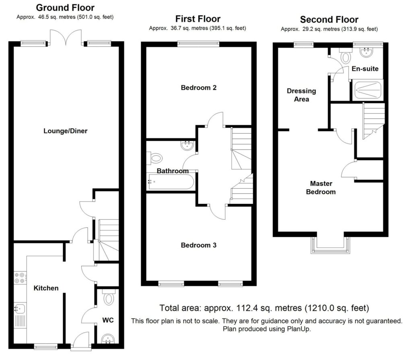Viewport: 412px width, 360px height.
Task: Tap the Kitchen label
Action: [x=46, y=288]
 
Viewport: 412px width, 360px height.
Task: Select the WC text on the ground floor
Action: [x=107, y=320]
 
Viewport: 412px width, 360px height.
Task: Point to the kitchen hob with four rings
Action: [x=20, y=278]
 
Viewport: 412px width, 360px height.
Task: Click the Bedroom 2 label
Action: [x=199, y=87]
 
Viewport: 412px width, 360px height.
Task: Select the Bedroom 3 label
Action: [x=199, y=245]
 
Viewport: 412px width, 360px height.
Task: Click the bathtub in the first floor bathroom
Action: [x=171, y=181]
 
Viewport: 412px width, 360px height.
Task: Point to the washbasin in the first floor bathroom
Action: [x=187, y=146]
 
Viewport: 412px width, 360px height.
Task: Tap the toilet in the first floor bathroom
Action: [x=155, y=158]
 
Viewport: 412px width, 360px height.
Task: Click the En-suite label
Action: [x=365, y=69]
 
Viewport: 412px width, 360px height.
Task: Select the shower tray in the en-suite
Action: [x=368, y=91]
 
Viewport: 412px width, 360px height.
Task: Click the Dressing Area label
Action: [x=301, y=95]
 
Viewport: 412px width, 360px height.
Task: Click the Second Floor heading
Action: [x=329, y=20]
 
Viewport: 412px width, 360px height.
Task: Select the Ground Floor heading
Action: [x=65, y=8]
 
